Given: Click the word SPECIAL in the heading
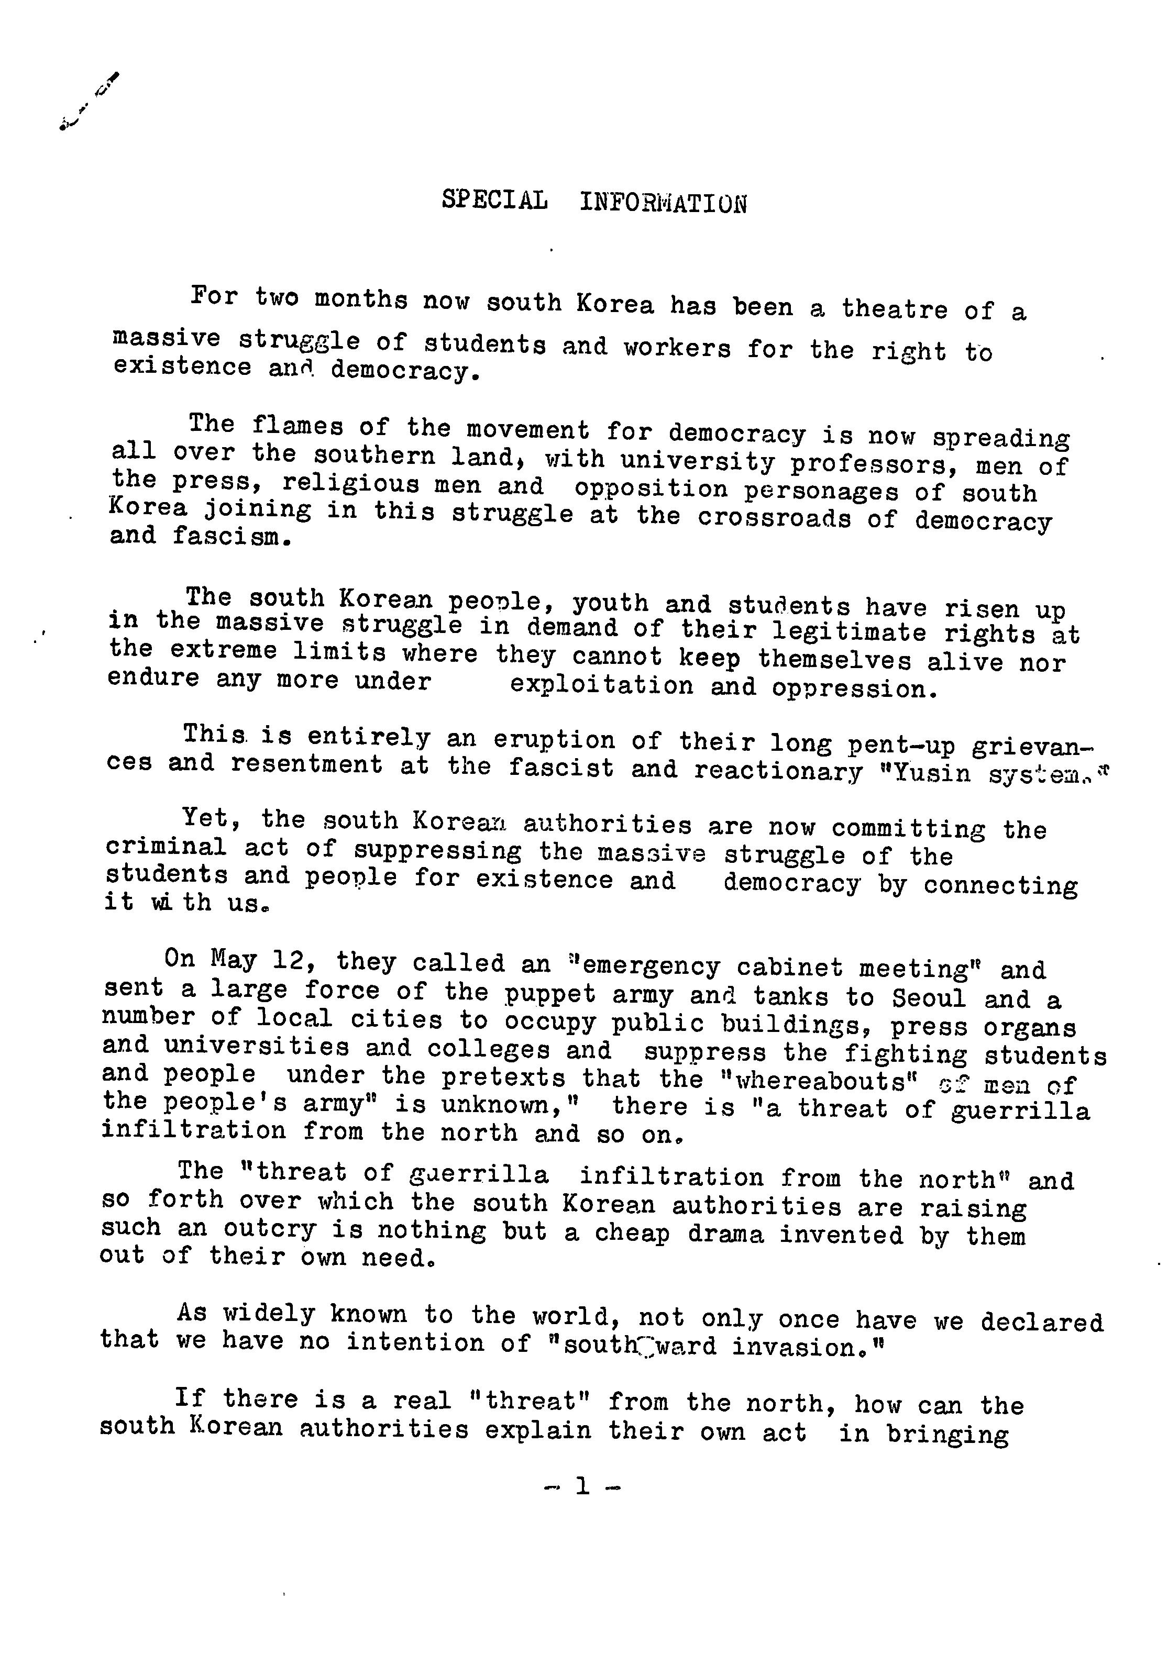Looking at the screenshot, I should pos(494,200).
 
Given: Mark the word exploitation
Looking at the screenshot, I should pos(601,685).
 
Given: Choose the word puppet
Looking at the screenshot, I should pos(552,995).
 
